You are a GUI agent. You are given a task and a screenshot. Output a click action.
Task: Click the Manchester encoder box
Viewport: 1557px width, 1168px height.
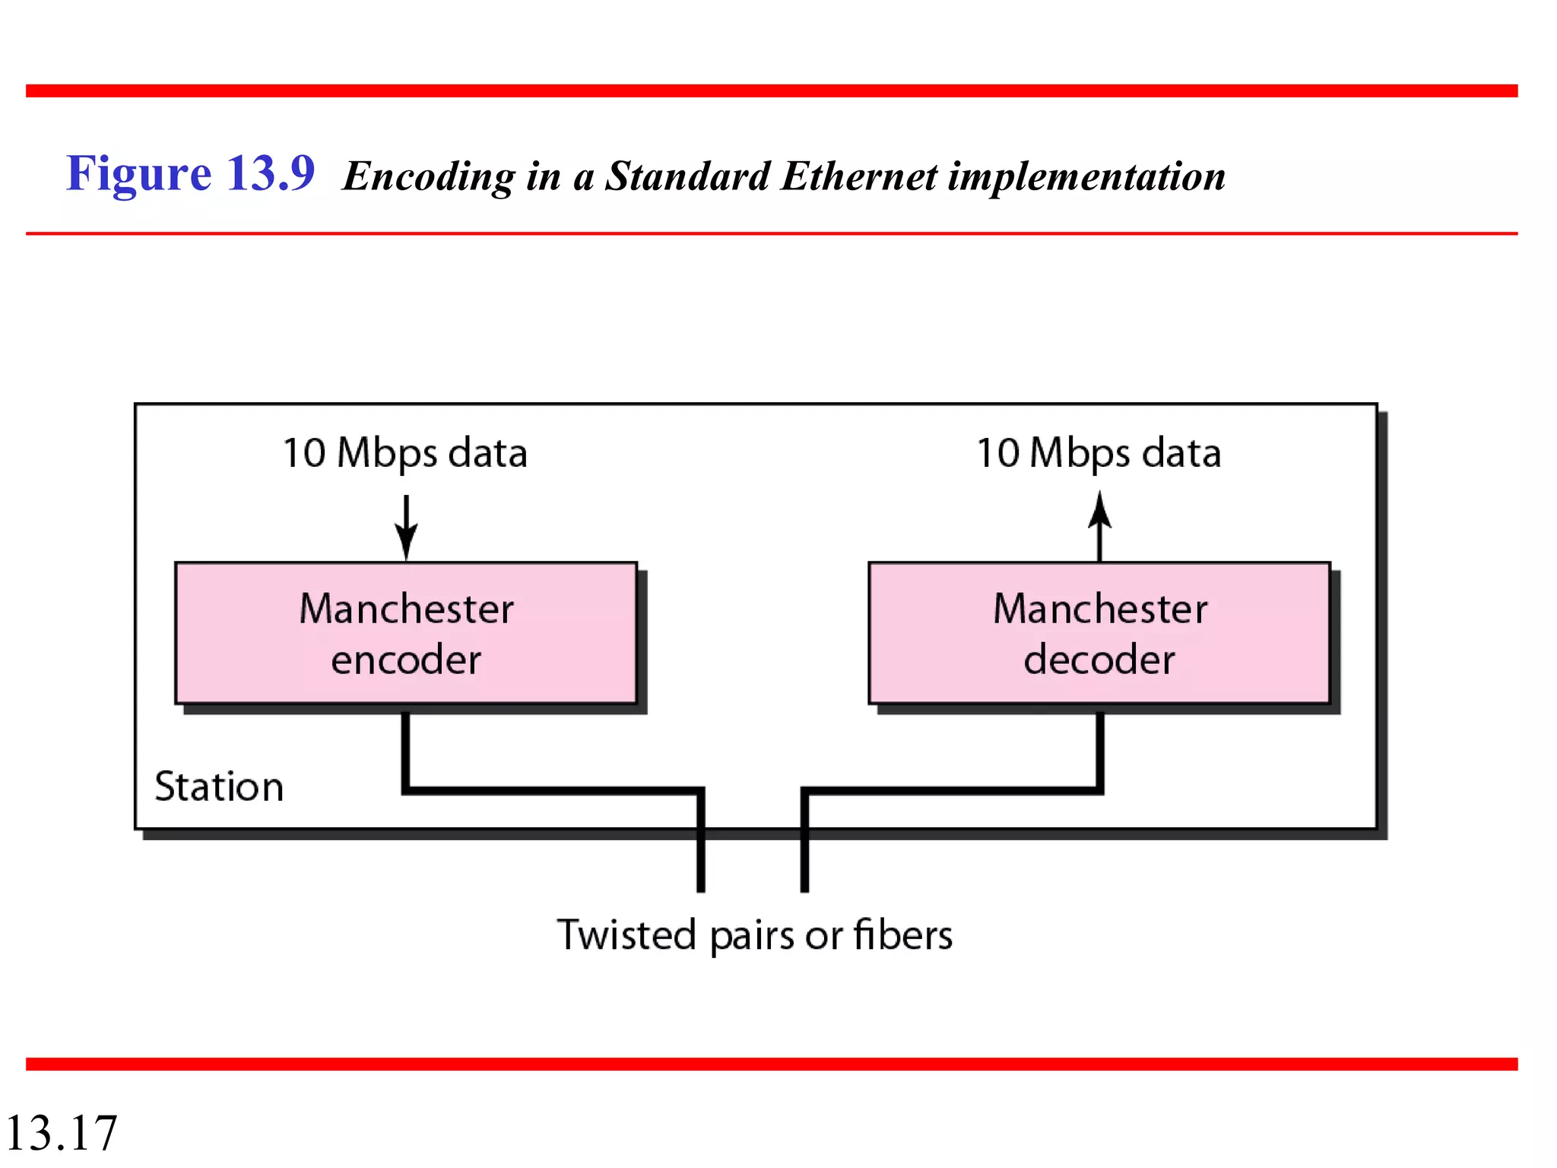[x=405, y=633]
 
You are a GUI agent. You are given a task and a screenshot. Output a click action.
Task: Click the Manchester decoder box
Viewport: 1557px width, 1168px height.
[x=1099, y=633]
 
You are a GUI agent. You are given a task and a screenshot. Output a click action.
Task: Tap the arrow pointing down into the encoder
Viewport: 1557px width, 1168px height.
[x=406, y=528]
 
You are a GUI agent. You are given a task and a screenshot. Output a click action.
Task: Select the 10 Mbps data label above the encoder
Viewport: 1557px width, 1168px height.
[x=404, y=453]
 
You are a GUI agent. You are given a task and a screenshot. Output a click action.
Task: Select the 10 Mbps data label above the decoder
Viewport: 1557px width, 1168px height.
[x=1099, y=453]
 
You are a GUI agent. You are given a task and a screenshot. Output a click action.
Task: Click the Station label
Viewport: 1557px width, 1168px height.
[x=219, y=786]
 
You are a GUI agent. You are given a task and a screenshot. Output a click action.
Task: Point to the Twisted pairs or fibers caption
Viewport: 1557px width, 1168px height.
[x=754, y=935]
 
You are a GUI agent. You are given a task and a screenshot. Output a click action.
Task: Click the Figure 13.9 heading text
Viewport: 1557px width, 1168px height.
[x=190, y=173]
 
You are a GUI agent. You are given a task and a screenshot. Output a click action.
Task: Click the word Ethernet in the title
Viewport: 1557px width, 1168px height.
[x=859, y=176]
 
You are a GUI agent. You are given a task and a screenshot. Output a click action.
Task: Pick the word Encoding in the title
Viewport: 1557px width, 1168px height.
[x=429, y=176]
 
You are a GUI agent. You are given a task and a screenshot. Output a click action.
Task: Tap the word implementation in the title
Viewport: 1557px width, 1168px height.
[x=1086, y=176]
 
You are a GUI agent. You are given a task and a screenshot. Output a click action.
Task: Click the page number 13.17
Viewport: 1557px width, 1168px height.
[x=61, y=1132]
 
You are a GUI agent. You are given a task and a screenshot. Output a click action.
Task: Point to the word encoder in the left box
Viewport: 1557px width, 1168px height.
[x=406, y=659]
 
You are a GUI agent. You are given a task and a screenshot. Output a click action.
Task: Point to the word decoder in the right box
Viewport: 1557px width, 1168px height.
[x=1099, y=659]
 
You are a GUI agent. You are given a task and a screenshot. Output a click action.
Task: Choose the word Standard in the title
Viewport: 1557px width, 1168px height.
[x=687, y=176]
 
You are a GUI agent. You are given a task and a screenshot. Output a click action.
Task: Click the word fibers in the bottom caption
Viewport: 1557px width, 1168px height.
[x=902, y=935]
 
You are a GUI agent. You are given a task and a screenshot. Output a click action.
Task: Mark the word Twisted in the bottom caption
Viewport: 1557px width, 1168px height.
[x=626, y=935]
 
